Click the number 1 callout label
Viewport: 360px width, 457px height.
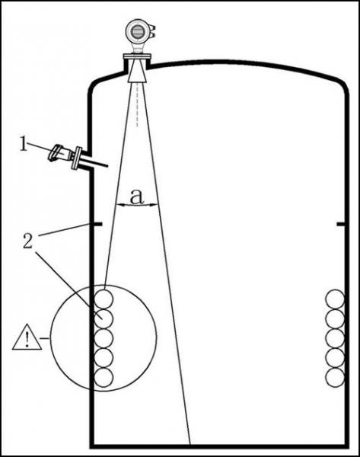24,144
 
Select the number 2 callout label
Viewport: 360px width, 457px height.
27,241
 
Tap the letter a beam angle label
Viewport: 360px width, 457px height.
136,197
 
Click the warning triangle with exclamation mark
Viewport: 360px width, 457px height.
27,337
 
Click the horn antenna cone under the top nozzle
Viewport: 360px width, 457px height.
137,72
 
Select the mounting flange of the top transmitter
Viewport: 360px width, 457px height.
137,56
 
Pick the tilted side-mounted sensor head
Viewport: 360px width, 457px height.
59,153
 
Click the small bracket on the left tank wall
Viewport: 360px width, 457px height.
97,224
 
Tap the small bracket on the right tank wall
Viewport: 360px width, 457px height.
341,224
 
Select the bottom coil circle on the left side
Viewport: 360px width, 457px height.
104,378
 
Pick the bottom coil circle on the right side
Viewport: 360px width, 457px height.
335,378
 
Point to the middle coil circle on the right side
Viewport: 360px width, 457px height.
335,338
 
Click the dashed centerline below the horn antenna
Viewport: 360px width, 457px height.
137,105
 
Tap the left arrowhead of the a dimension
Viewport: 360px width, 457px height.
119,205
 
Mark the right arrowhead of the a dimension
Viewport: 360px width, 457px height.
154,205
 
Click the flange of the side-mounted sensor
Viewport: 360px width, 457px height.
77,158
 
